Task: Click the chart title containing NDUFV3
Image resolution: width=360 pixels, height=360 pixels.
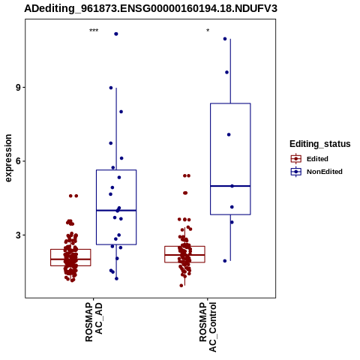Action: (151, 8)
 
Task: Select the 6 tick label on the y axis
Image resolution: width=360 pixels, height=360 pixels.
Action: (18, 161)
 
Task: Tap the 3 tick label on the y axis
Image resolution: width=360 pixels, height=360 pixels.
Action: (18, 235)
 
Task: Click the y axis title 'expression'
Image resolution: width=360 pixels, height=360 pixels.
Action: (8, 158)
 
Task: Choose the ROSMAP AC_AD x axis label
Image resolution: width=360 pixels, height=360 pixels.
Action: (94, 322)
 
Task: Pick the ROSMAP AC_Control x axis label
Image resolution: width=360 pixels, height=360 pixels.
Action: (208, 327)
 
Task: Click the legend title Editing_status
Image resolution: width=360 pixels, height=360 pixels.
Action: (320, 144)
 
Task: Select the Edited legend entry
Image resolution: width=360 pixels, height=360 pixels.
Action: (309, 159)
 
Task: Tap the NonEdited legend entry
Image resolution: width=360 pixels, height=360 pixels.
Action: (316, 172)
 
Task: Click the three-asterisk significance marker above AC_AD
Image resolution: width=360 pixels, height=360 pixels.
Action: (94, 31)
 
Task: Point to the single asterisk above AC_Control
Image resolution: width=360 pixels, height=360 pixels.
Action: (208, 31)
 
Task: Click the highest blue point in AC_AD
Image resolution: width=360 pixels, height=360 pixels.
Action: (116, 34)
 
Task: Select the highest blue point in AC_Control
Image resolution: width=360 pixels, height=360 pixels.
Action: (225, 39)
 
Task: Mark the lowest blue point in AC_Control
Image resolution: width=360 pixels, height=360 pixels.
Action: (225, 261)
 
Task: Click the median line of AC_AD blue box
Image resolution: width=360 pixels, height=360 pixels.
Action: (116, 211)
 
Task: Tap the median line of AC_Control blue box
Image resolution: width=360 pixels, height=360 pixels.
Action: (230, 186)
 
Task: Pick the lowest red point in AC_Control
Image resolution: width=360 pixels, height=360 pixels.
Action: (181, 286)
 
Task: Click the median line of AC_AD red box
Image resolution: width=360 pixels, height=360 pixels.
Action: (70, 259)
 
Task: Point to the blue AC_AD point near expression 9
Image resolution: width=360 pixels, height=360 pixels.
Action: (111, 88)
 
